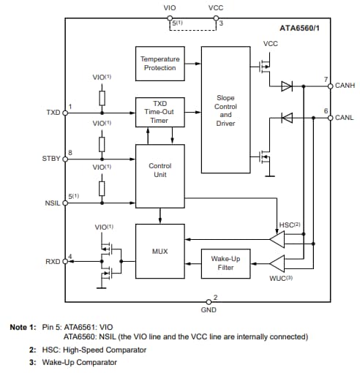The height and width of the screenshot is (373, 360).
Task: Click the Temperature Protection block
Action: [x=159, y=64]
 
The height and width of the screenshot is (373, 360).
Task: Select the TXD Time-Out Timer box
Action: [x=159, y=112]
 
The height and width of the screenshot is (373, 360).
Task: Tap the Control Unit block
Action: [x=159, y=170]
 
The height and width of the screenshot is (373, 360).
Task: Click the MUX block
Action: [x=159, y=251]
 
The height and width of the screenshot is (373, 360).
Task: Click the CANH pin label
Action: [x=345, y=86]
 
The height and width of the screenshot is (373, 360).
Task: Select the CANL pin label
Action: [x=345, y=117]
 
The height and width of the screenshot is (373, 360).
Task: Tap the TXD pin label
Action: [x=53, y=113]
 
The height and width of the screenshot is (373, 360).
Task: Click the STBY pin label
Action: [x=52, y=158]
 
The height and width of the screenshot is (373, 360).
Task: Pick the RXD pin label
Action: [x=53, y=261]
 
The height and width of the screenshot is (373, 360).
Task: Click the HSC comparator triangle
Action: [x=277, y=238]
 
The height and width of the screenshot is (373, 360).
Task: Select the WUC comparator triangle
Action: [x=277, y=263]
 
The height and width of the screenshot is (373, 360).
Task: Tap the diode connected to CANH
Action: [x=287, y=86]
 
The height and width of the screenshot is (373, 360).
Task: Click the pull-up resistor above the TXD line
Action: [x=102, y=97]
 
